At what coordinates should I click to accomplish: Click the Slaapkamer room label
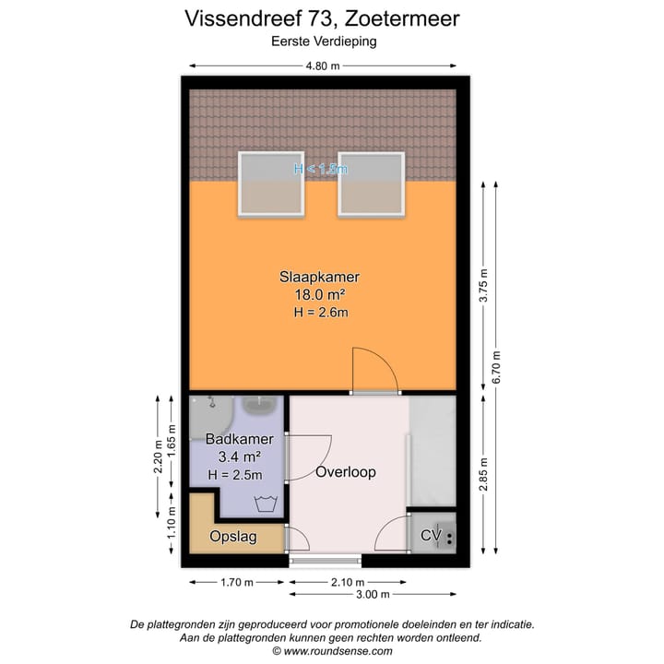[x=319, y=277]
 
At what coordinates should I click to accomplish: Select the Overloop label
[x=346, y=472]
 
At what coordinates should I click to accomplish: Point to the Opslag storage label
[x=233, y=537]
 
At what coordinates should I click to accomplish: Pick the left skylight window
[x=271, y=184]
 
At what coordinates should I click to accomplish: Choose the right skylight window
[x=371, y=184]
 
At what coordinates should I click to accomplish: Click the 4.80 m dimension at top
[x=323, y=65]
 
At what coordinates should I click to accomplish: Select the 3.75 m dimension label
[x=482, y=288]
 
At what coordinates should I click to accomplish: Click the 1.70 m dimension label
[x=239, y=582]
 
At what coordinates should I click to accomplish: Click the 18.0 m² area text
[x=319, y=295]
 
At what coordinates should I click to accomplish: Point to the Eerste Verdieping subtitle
[x=323, y=41]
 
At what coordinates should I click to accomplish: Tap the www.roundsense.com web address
[x=338, y=651]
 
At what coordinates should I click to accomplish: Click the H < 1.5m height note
[x=320, y=169]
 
